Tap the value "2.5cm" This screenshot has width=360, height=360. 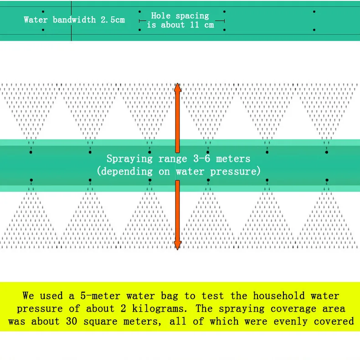click(x=112, y=20)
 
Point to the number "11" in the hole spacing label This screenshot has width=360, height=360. click(x=195, y=25)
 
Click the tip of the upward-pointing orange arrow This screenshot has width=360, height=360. click(x=177, y=85)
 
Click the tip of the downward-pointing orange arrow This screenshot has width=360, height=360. click(x=177, y=248)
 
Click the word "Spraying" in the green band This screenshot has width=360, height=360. click(x=129, y=159)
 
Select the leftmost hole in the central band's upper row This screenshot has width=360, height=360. click(x=31, y=152)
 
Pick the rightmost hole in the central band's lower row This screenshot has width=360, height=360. click(x=326, y=180)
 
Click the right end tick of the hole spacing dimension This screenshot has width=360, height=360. click(x=224, y=21)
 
